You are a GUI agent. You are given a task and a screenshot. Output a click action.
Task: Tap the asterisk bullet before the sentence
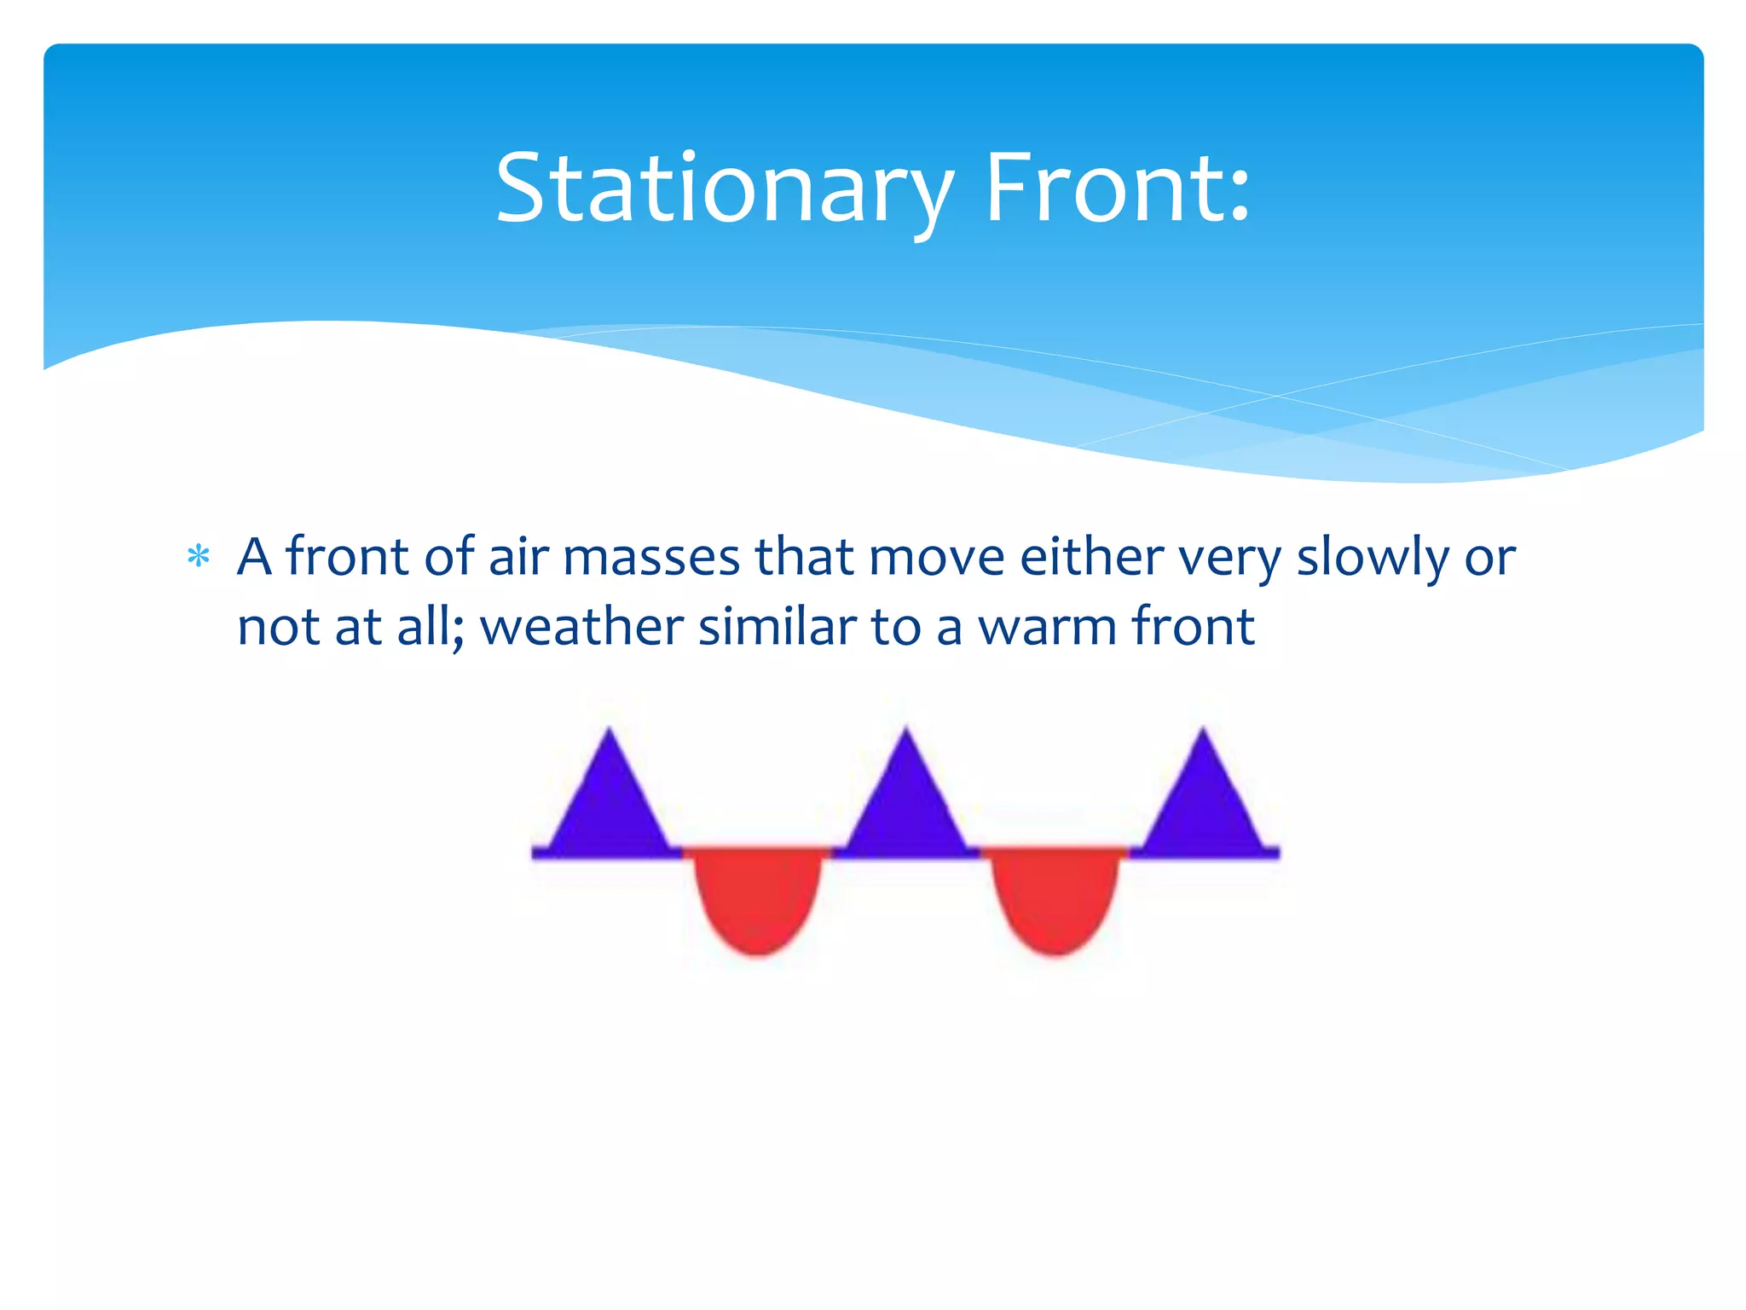[x=198, y=558]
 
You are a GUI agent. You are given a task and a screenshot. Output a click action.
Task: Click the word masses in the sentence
[x=651, y=559]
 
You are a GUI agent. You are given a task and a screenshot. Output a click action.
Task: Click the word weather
[x=581, y=628]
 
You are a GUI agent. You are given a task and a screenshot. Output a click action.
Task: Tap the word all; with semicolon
[x=430, y=628]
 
